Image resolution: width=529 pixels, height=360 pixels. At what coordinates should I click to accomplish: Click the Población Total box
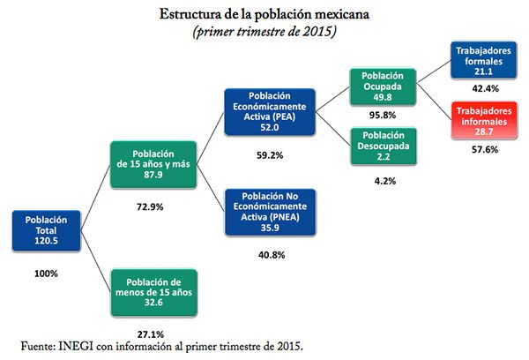pyautogui.click(x=47, y=230)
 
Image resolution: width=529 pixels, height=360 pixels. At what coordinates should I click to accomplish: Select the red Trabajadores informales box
pyautogui.click(x=484, y=121)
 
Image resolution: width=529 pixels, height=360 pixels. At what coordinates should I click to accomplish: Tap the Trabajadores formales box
pyautogui.click(x=483, y=61)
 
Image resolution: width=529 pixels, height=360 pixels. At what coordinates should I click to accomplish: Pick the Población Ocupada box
pyautogui.click(x=383, y=86)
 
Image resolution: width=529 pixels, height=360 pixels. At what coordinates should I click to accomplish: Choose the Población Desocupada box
pyautogui.click(x=384, y=146)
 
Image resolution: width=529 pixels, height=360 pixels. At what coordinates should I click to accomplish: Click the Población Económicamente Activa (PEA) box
pyautogui.click(x=270, y=112)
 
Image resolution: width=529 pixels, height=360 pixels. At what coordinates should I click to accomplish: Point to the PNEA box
pyautogui.click(x=270, y=212)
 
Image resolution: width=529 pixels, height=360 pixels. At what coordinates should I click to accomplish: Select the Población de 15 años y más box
pyautogui.click(x=153, y=164)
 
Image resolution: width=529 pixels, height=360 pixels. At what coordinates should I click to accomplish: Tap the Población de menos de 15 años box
pyautogui.click(x=153, y=292)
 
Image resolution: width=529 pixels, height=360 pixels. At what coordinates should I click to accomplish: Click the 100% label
pyautogui.click(x=46, y=274)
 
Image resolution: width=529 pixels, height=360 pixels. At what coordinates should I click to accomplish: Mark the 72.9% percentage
pyautogui.click(x=150, y=206)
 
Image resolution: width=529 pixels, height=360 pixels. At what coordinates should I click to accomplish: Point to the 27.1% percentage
pyautogui.click(x=151, y=334)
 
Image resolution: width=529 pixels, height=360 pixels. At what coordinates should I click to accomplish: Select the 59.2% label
pyautogui.click(x=270, y=155)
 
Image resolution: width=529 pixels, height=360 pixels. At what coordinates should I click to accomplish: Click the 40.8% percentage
pyautogui.click(x=272, y=255)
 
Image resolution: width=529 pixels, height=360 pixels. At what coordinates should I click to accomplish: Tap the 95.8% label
pyautogui.click(x=383, y=116)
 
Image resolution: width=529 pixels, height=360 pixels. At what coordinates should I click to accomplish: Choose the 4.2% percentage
pyautogui.click(x=385, y=181)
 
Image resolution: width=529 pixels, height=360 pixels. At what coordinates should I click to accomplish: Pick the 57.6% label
pyautogui.click(x=485, y=149)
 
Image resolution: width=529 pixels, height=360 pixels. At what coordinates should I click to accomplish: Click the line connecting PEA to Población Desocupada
pyautogui.click(x=333, y=129)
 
